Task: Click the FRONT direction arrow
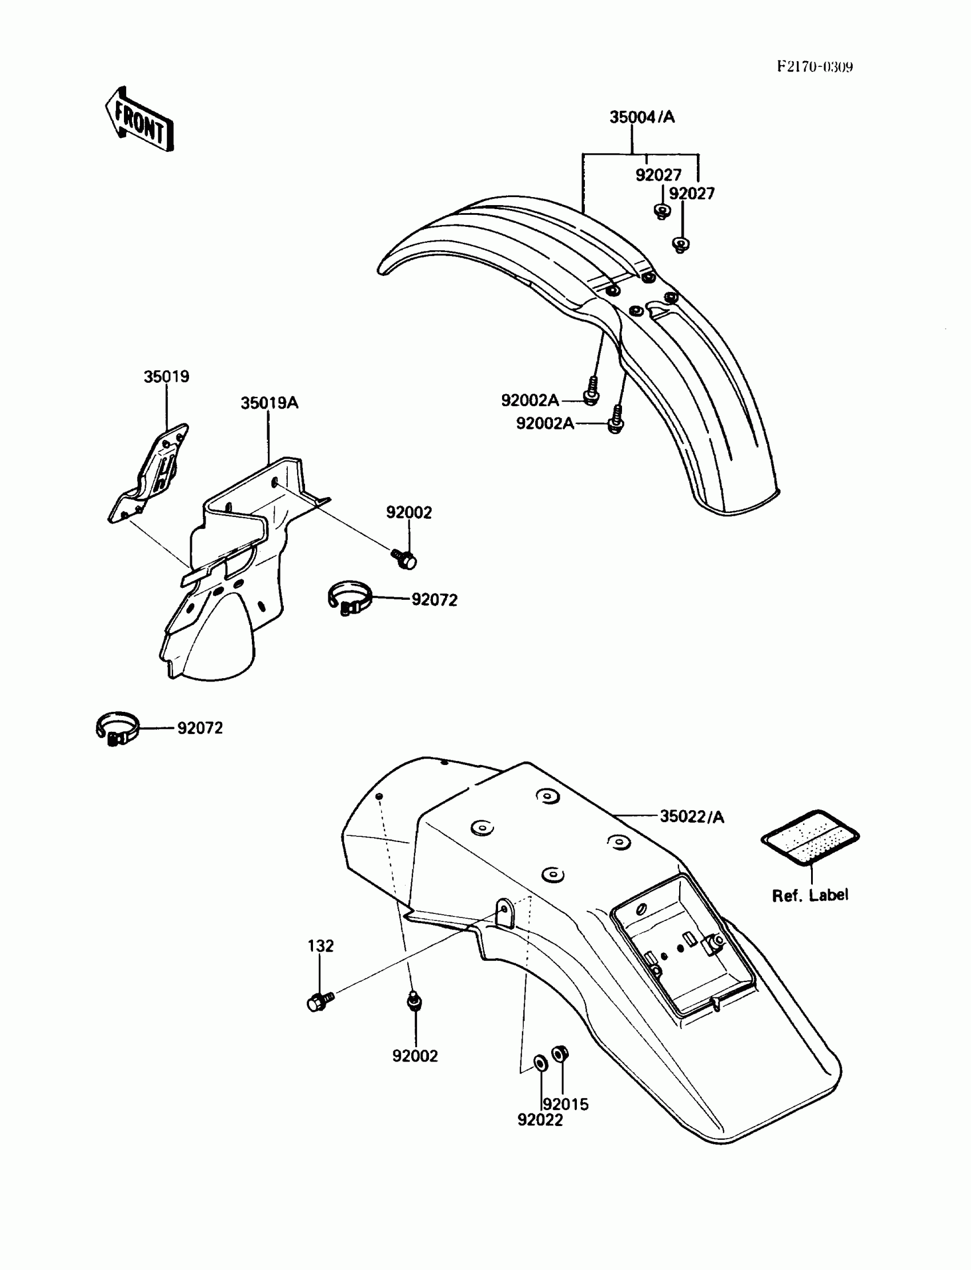click(139, 119)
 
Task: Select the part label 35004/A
click(641, 117)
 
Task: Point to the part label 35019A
click(270, 403)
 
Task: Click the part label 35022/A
click(691, 817)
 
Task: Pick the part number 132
click(320, 946)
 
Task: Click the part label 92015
click(566, 1105)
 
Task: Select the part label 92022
click(540, 1120)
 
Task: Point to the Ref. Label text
click(810, 895)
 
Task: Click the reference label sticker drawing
click(810, 837)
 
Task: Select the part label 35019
click(166, 377)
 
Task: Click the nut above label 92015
click(560, 1054)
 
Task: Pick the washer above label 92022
click(540, 1062)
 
